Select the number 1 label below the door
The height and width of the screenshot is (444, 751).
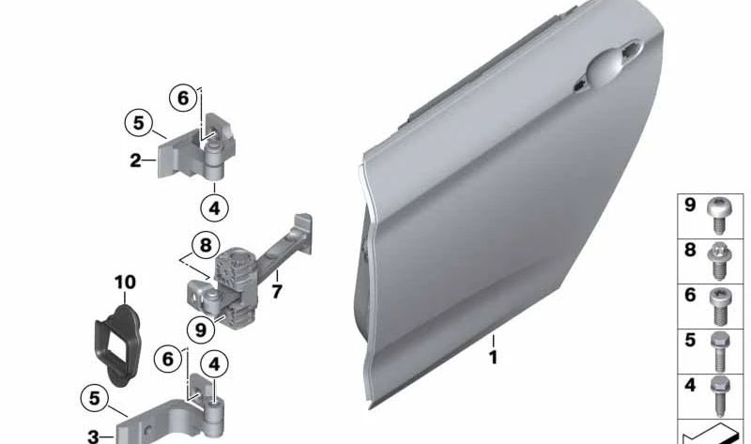coord(492,357)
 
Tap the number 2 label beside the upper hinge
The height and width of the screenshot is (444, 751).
coord(135,161)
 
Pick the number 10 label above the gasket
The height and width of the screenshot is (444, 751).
coord(125,282)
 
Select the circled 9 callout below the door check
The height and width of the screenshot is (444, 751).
coord(198,329)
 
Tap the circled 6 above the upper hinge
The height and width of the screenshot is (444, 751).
coord(183,97)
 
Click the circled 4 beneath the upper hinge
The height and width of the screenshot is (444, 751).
coord(214,207)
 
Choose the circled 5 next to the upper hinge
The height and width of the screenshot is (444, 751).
coord(138,122)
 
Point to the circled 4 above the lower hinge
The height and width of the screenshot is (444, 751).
coord(215,362)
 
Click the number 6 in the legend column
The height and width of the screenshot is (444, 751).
coord(690,295)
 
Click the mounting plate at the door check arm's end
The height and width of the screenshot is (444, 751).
coord(302,226)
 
